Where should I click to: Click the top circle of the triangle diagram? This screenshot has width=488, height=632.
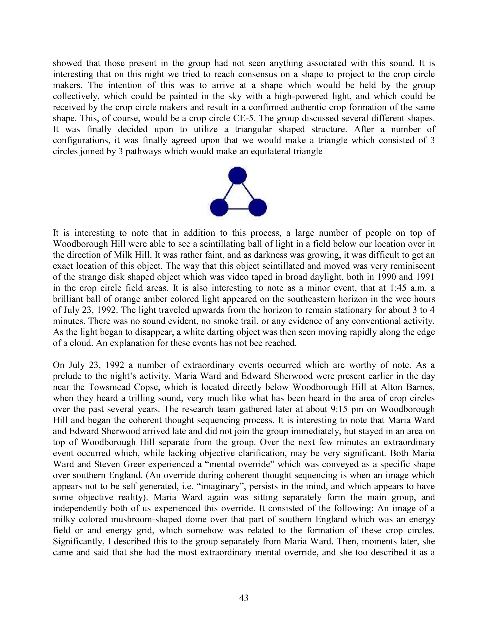(237, 175)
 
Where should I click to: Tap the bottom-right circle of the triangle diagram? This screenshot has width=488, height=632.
(257, 208)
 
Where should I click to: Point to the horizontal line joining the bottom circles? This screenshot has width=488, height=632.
(238, 209)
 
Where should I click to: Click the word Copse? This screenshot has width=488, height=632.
(140, 387)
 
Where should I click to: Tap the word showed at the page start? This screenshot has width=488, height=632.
(68, 63)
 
